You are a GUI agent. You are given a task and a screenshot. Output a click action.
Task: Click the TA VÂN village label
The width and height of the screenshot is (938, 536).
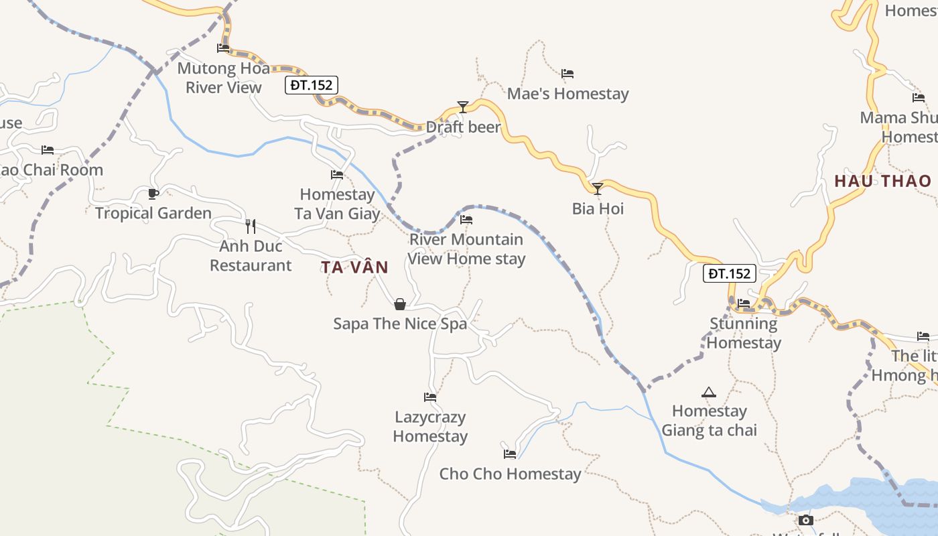click(x=354, y=267)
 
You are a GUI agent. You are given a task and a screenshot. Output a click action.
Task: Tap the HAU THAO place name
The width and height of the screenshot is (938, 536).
click(x=882, y=181)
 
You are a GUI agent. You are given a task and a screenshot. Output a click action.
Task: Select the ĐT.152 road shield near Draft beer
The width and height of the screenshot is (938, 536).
click(x=312, y=85)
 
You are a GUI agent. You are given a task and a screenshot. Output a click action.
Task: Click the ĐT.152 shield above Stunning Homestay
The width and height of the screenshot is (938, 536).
click(x=730, y=273)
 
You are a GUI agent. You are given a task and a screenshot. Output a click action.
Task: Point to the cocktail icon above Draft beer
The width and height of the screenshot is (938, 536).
click(x=462, y=107)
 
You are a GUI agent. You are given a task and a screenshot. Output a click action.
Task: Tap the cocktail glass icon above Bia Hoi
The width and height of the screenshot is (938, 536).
click(x=598, y=188)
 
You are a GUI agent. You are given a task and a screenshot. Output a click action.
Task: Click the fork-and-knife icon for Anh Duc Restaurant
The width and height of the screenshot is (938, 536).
click(x=251, y=226)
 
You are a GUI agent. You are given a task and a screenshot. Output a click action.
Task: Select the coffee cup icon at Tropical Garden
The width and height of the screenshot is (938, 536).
click(x=153, y=194)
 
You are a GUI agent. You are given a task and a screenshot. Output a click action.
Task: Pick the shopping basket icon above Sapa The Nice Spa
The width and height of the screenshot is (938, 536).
click(x=400, y=304)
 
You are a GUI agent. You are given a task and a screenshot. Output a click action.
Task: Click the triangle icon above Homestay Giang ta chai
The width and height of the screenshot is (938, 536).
click(x=709, y=392)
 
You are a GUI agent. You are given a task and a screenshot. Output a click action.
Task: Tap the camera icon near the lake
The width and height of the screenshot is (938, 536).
click(x=805, y=520)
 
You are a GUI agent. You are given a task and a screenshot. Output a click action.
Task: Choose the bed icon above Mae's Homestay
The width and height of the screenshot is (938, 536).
click(x=567, y=74)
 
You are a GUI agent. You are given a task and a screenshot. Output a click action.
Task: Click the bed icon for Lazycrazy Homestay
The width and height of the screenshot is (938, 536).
click(x=430, y=397)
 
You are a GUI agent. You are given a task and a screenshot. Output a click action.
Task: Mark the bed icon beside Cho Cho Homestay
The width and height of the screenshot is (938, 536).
click(x=510, y=454)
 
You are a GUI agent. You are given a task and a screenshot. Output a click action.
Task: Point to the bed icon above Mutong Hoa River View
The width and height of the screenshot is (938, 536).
click(x=223, y=48)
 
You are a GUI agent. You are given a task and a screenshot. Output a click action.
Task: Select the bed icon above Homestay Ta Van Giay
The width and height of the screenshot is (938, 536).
click(x=337, y=175)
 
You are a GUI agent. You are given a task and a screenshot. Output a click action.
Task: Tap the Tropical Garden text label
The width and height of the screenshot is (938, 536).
click(x=153, y=214)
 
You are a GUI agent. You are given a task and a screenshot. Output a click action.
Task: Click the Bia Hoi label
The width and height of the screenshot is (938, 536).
click(x=598, y=209)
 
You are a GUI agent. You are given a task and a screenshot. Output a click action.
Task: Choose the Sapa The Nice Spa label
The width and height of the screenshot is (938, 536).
click(x=400, y=324)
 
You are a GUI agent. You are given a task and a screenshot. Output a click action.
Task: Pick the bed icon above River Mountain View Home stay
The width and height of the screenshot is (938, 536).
click(x=466, y=219)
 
